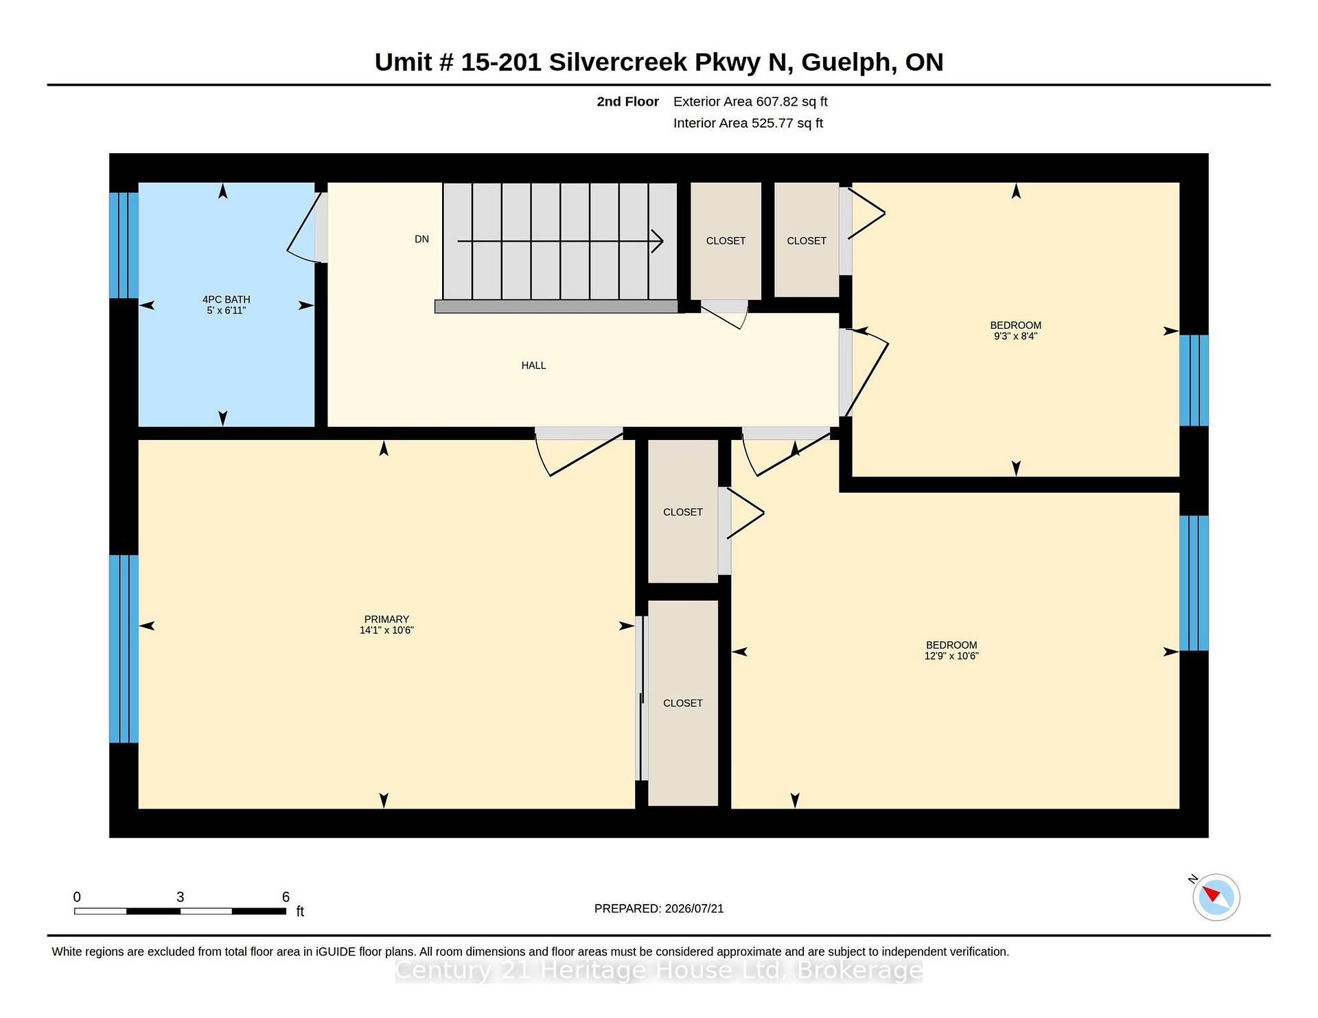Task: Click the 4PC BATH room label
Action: click(x=226, y=299)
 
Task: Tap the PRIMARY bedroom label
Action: click(x=386, y=619)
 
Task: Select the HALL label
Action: click(x=533, y=365)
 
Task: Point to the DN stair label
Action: click(x=421, y=239)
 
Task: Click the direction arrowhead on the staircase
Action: click(x=658, y=241)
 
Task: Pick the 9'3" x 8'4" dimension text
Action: click(x=1015, y=336)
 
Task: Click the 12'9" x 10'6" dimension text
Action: click(x=951, y=656)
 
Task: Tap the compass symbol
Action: click(x=1216, y=896)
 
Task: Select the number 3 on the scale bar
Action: click(x=180, y=896)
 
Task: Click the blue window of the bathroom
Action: click(x=124, y=245)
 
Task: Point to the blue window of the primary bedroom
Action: click(x=124, y=649)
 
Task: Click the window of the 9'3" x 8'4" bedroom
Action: click(x=1194, y=380)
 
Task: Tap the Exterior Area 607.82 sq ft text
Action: click(x=750, y=102)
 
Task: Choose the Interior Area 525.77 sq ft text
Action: click(x=748, y=123)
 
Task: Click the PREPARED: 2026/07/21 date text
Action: click(x=659, y=908)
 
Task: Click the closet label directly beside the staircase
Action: click(x=726, y=241)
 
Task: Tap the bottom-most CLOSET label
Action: click(x=683, y=703)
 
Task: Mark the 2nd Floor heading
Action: click(x=627, y=102)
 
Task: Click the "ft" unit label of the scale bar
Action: click(x=300, y=911)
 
